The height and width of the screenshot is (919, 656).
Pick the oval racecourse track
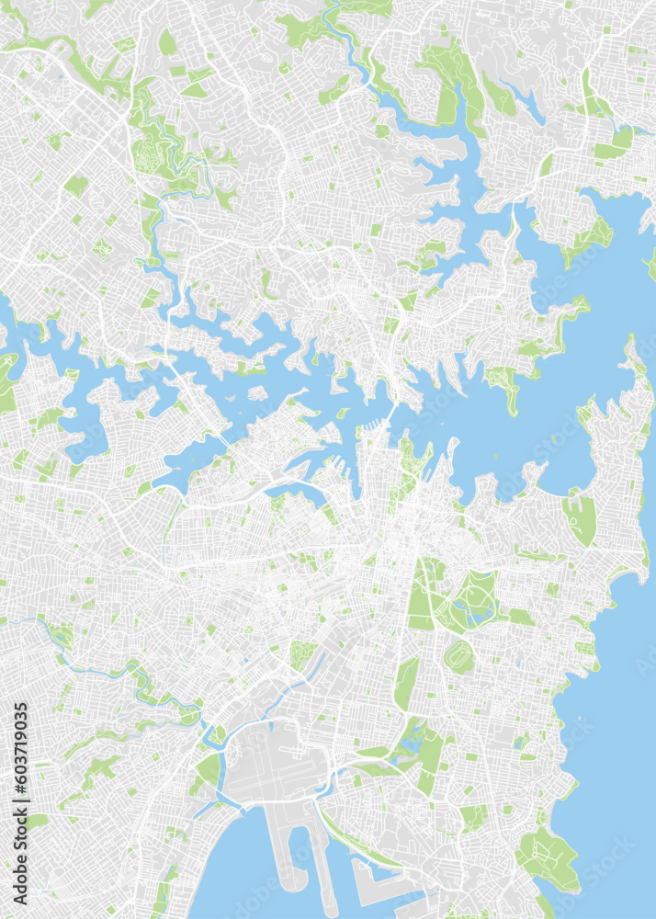click(458, 657)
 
